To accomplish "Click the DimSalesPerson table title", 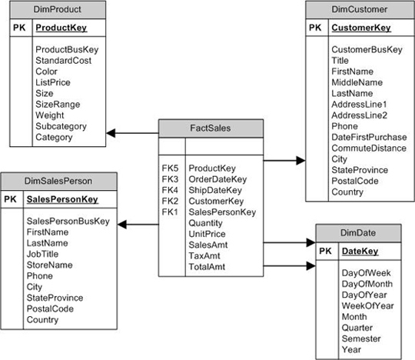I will (59, 181).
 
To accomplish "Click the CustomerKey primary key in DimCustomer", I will (360, 28).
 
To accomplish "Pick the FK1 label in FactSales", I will (170, 212).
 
